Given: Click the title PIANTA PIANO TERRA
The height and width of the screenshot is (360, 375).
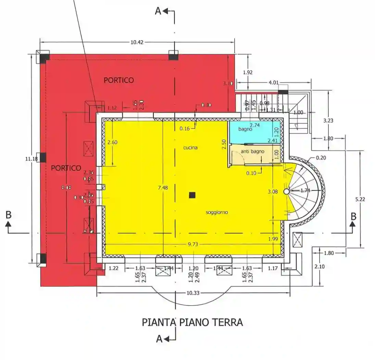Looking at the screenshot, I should [x=192, y=322].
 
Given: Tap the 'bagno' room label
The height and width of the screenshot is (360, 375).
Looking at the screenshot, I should [x=246, y=129].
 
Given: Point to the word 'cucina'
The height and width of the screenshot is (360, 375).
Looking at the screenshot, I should [x=190, y=148].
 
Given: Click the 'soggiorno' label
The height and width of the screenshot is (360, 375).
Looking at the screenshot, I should [x=217, y=212].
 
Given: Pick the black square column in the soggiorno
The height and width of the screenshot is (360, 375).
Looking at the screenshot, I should [x=192, y=195].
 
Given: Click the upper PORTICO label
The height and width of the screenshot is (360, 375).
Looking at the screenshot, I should [x=119, y=80].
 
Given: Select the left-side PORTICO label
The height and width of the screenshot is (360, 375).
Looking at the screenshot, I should [x=66, y=168].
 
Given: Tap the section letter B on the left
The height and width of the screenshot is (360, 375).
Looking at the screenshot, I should [x=9, y=215].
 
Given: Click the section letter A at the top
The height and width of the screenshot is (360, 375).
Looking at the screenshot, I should [x=158, y=11].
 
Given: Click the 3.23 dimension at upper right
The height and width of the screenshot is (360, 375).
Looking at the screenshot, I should [x=328, y=120].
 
